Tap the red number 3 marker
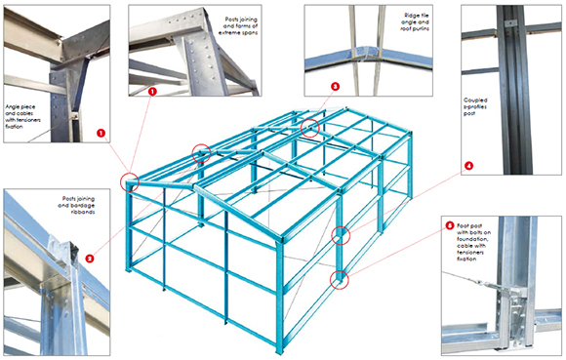335,87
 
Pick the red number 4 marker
468,166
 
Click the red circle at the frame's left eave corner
130,181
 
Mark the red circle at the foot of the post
339,279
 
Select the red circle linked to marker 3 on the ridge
310,126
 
